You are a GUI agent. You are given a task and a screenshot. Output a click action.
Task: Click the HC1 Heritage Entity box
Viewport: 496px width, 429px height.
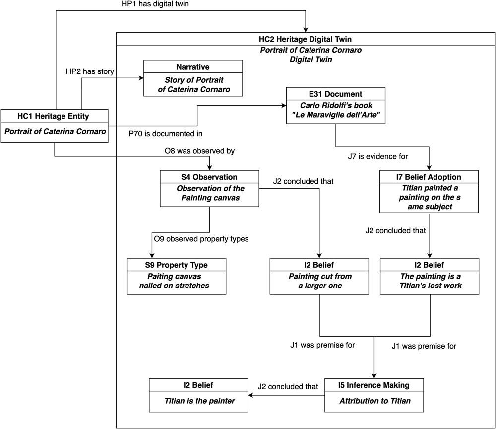click(55, 126)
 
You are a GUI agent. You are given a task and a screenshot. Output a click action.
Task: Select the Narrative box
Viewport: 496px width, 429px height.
click(193, 78)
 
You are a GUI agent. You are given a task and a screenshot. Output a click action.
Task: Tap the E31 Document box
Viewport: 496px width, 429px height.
click(336, 105)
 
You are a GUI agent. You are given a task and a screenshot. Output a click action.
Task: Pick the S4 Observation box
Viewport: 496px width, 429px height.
click(209, 188)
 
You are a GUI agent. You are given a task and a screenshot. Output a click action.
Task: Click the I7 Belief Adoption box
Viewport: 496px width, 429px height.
click(429, 192)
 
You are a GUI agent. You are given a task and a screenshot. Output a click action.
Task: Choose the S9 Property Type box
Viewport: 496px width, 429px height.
click(177, 277)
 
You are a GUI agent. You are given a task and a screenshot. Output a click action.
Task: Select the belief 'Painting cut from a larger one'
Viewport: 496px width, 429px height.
click(319, 277)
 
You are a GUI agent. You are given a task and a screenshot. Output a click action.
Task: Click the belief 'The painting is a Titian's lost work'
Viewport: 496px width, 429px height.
click(430, 277)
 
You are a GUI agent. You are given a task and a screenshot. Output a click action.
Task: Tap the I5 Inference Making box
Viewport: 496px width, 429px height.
click(374, 395)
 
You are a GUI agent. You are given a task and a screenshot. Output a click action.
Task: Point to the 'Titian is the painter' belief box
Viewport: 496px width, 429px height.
click(198, 395)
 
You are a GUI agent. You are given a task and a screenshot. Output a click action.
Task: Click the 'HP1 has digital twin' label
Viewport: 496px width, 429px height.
click(155, 4)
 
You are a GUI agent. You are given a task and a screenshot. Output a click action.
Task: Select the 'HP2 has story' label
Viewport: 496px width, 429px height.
click(90, 71)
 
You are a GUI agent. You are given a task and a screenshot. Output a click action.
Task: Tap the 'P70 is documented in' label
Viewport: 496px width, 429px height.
click(166, 134)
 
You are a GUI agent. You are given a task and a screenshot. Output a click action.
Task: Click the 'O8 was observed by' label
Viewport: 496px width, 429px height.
click(199, 151)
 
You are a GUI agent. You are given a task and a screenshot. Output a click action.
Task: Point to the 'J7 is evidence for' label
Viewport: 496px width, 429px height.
click(377, 156)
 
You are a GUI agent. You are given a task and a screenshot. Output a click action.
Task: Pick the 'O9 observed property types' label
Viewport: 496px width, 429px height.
click(201, 239)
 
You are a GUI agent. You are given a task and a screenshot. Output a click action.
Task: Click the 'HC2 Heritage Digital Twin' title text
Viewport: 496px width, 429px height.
click(305, 39)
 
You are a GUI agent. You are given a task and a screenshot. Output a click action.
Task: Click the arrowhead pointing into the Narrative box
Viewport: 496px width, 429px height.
click(141, 78)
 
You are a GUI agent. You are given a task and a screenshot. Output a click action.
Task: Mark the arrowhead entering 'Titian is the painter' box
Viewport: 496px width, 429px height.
click(250, 395)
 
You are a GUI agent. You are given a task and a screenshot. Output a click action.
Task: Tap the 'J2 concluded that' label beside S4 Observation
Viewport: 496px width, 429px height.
click(304, 181)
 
